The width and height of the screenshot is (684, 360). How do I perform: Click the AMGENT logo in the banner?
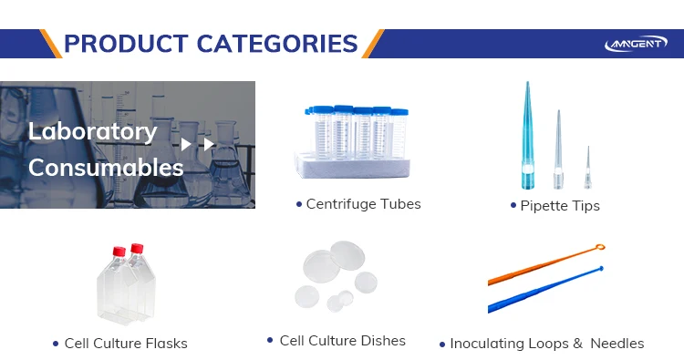[x=636, y=43]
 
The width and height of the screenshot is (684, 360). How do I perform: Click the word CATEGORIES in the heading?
[x=277, y=44]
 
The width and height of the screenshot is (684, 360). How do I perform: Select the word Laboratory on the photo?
[x=92, y=131]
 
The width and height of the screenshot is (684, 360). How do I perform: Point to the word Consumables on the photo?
[x=106, y=168]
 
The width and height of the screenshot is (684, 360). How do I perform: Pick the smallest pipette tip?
[x=587, y=168]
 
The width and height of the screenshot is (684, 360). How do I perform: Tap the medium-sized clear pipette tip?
[x=558, y=149]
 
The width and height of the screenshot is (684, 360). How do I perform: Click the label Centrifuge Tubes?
[x=363, y=204]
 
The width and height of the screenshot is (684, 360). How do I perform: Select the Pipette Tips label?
[x=560, y=206]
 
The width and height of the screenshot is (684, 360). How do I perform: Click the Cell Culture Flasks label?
[x=126, y=344]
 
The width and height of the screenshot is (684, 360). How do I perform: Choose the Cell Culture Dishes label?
[x=342, y=340]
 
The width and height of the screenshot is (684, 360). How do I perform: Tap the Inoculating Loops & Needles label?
[x=547, y=344]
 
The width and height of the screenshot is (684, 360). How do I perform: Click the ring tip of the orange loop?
[x=600, y=248]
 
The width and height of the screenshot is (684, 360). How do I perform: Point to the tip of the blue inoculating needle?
[x=601, y=269]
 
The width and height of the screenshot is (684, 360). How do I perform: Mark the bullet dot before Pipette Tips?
[x=513, y=205]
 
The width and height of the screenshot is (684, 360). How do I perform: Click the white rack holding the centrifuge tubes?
[x=352, y=165]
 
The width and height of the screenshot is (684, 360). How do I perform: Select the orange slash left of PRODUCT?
[x=50, y=44]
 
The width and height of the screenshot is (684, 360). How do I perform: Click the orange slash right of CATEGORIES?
[x=373, y=44]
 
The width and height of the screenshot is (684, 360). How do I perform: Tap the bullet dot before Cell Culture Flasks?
[x=56, y=344]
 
